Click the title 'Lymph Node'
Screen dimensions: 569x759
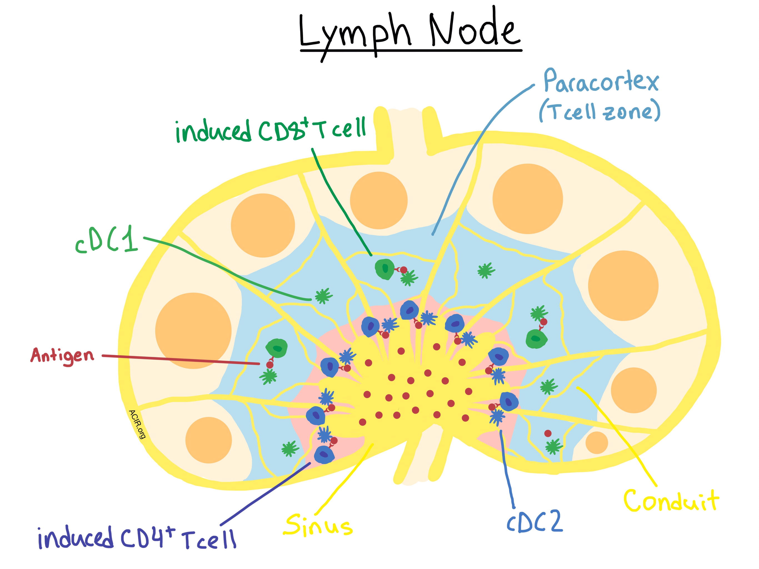[x=410, y=31]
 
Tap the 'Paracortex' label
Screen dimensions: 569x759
[x=601, y=81]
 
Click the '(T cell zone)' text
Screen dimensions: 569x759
[x=600, y=111]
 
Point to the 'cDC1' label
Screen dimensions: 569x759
[x=107, y=240]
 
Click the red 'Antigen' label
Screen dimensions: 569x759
[x=62, y=356]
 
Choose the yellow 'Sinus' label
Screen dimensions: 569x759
[x=318, y=525]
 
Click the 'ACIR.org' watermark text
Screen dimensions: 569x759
[x=137, y=424]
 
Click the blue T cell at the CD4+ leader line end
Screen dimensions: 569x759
[x=324, y=455]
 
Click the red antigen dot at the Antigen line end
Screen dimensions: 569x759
[x=270, y=365]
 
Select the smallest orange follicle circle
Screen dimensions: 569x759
[x=597, y=443]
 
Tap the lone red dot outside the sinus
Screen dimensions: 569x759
[x=548, y=433]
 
